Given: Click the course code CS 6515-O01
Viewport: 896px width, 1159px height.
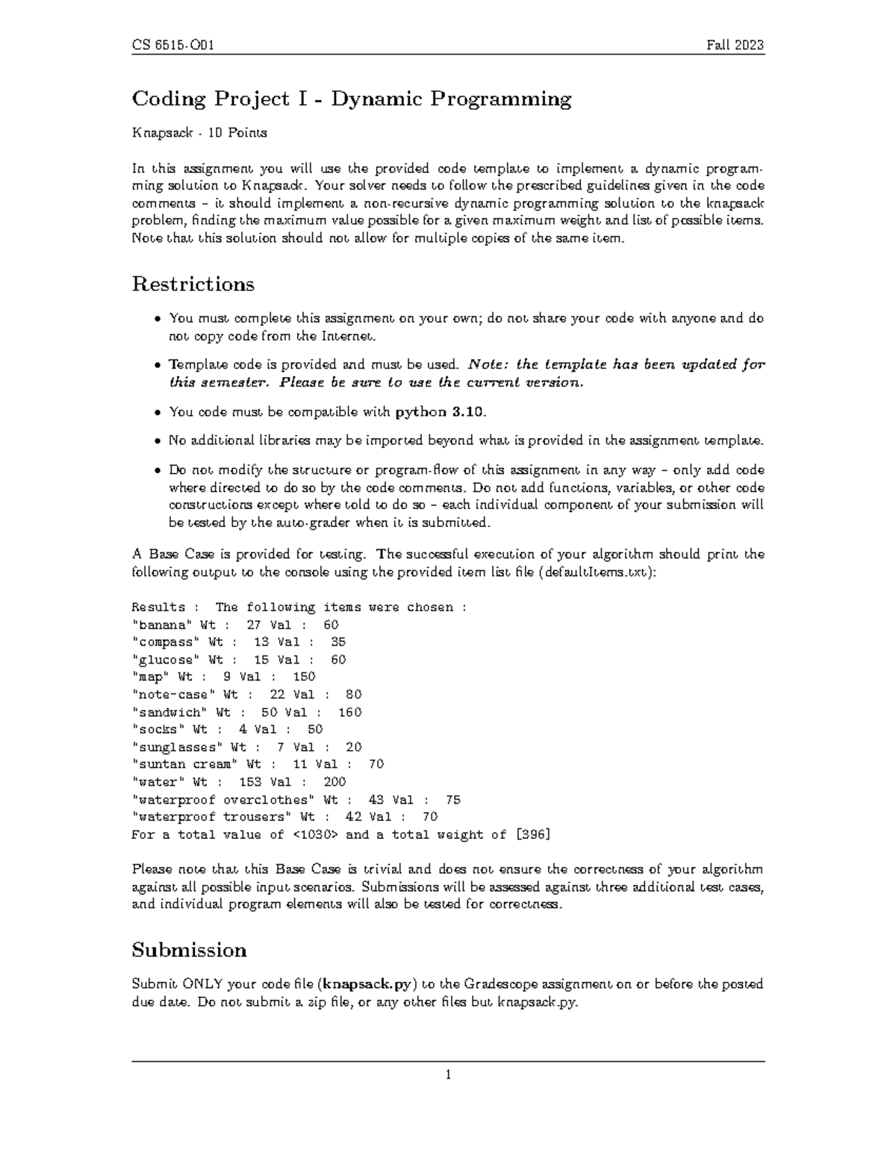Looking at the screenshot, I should coord(173,46).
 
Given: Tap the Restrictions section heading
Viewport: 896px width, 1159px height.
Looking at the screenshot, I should coord(193,284).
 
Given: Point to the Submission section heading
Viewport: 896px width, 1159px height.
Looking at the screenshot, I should coord(189,950).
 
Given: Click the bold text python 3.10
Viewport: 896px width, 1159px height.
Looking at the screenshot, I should coord(441,411).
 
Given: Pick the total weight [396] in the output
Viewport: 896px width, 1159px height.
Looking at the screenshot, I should coord(533,834).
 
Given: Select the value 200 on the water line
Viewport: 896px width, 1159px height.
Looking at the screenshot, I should coord(335,782).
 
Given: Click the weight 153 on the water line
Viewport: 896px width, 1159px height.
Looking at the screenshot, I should coord(250,782).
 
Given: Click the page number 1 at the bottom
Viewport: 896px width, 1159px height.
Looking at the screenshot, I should coord(448,1075).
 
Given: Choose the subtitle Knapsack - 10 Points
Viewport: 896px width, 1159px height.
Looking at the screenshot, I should coord(199,133).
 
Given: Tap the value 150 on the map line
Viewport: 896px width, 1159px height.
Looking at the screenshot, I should coord(304,677).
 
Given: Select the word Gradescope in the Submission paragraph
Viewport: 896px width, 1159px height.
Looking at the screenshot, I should coord(502,984).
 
